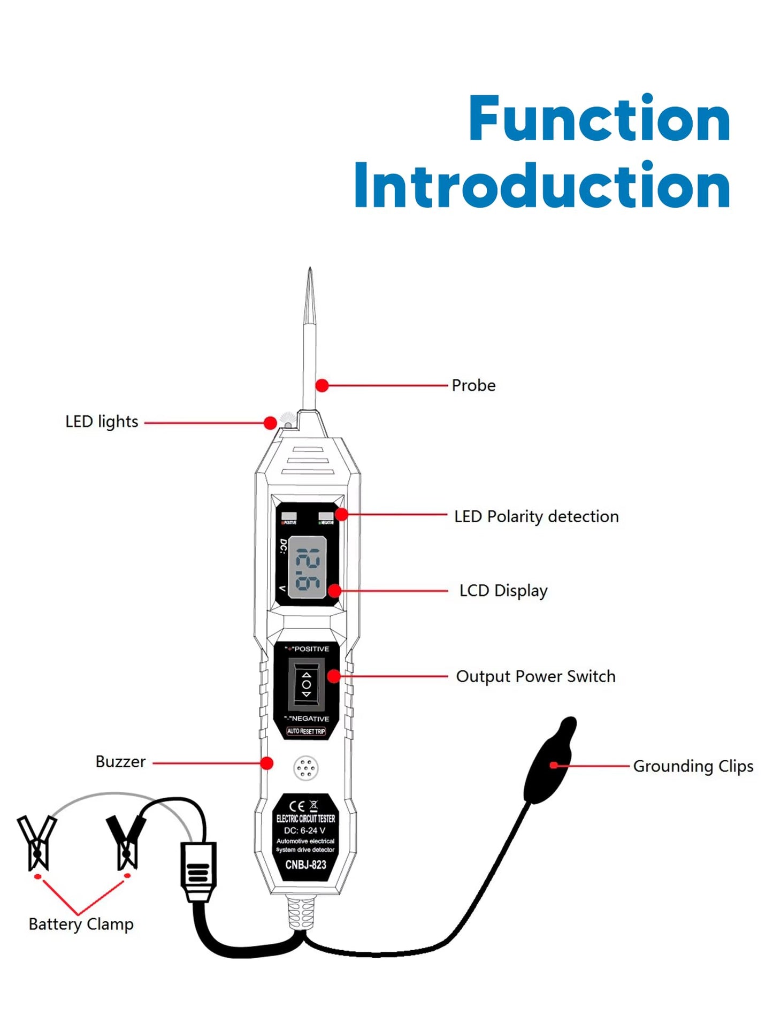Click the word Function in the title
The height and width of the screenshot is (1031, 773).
tap(599, 119)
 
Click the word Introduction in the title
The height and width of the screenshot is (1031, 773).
tap(542, 186)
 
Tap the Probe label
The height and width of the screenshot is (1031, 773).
tap(473, 385)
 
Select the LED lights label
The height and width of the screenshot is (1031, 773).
tap(102, 422)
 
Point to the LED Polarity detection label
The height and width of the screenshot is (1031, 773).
tap(536, 516)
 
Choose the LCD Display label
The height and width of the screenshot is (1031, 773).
tap(503, 591)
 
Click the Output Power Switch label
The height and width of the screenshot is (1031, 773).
tap(535, 676)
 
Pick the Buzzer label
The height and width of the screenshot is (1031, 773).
tap(120, 762)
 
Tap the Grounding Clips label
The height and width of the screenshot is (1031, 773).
tap(693, 766)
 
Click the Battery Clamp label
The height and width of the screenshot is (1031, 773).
tap(81, 924)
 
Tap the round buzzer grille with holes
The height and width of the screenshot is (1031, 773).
tap(306, 768)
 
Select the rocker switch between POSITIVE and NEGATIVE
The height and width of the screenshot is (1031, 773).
tap(306, 684)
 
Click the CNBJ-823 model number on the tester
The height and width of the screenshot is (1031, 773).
tap(305, 865)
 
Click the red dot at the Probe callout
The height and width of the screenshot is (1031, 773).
tap(322, 385)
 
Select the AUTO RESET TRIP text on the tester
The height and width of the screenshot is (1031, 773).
tap(306, 731)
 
